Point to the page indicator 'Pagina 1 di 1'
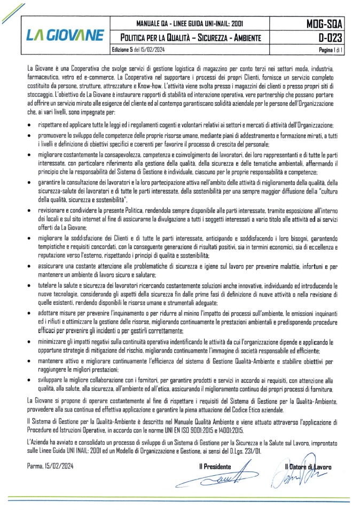click(328, 49)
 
